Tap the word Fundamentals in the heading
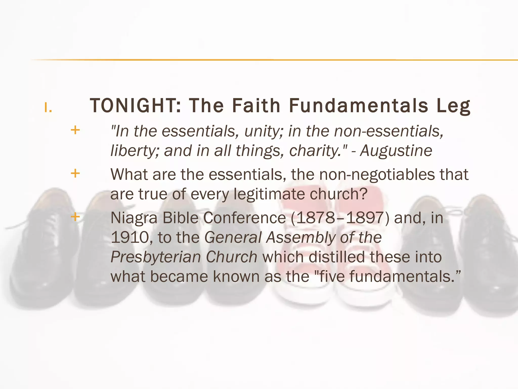tap(359, 106)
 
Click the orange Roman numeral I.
tap(48, 108)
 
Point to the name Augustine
tap(396, 151)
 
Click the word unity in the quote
tap(263, 132)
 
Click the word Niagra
tap(134, 218)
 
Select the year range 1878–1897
tap(340, 218)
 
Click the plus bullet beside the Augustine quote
tap(75, 130)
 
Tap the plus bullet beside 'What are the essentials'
tap(75, 174)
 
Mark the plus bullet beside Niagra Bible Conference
tap(75, 217)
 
